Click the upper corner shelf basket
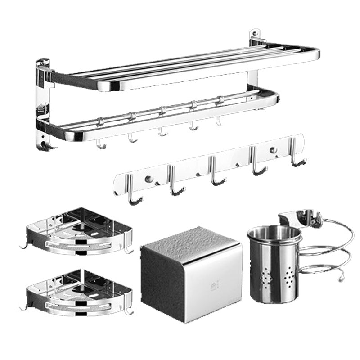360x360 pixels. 79,232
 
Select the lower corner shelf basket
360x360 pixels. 79,292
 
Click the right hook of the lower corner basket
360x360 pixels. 129,310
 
